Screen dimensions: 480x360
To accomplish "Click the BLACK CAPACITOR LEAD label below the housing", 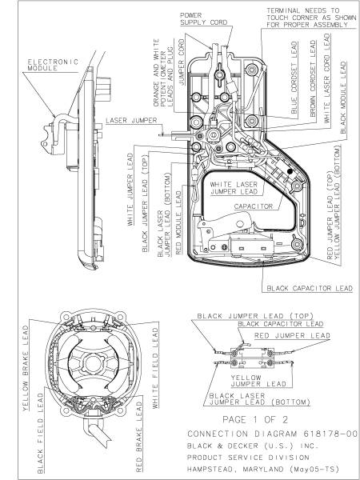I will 310,287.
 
